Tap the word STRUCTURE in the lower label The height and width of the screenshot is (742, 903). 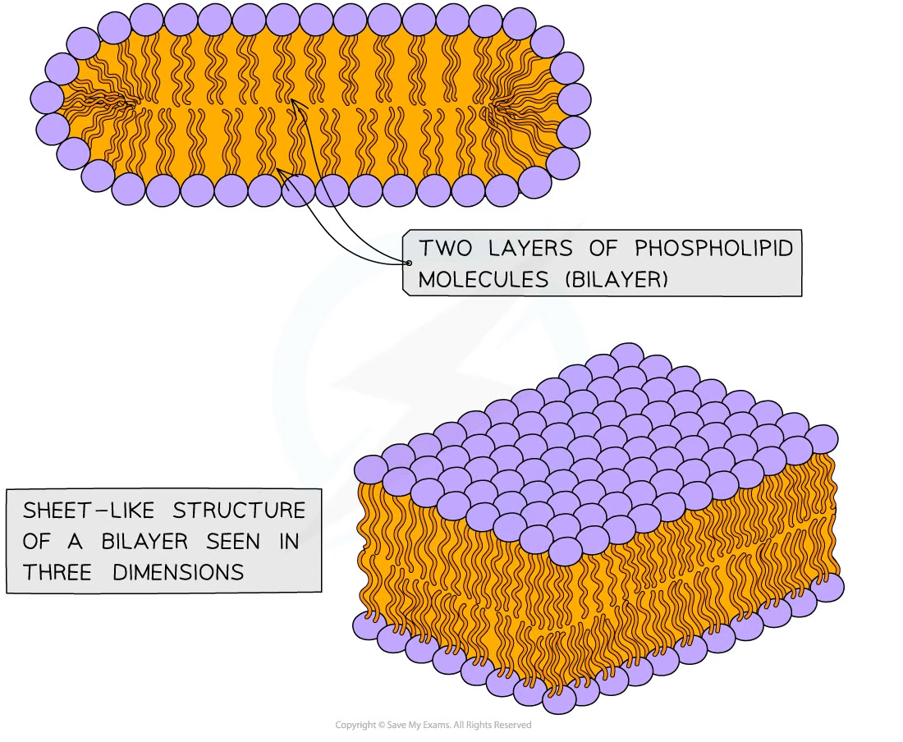click(x=239, y=511)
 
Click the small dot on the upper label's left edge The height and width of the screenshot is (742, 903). click(x=408, y=263)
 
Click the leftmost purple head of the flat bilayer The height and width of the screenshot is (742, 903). click(x=47, y=98)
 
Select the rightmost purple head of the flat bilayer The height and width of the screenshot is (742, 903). click(x=574, y=100)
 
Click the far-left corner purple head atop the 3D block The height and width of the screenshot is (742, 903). click(x=372, y=469)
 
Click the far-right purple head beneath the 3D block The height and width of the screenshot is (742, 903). click(x=829, y=586)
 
